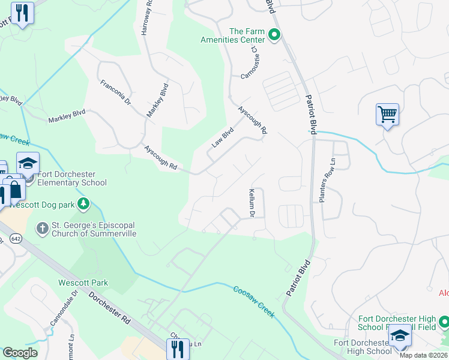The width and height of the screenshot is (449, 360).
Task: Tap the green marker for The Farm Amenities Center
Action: coord(274,35)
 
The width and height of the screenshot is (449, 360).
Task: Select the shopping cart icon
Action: coord(387,113)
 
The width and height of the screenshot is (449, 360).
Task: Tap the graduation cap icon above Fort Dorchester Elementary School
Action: coord(28,163)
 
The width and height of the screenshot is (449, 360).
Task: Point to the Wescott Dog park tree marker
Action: coord(83,205)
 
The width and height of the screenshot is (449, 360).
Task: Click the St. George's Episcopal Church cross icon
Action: coord(42,228)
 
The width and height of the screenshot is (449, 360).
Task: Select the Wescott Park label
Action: coord(82,282)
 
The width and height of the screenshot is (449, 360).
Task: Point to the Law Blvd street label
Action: coord(222,139)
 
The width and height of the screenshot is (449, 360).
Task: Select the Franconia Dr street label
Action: coord(116,93)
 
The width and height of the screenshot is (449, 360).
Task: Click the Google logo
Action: coord(20,353)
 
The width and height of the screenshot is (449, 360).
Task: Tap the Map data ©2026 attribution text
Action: coord(424,355)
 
